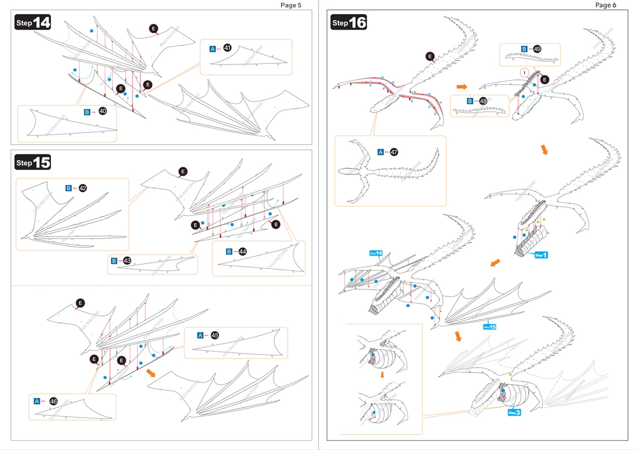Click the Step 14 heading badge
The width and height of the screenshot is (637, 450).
coord(33,23)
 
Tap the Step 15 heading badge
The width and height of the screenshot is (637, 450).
coord(33,163)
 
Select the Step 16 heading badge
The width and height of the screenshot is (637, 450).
coord(349,23)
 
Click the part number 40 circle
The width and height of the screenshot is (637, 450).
coord(103,112)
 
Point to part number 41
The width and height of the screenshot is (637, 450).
coord(227,48)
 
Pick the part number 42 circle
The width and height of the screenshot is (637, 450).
coord(83,188)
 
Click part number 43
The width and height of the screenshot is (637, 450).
coord(127,261)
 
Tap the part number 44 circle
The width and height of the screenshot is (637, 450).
coord(242,252)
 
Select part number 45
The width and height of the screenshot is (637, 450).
coord(214,335)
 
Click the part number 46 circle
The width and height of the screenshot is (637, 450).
coord(53,401)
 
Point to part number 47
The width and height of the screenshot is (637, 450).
coord(394,152)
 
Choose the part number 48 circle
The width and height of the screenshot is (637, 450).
coord(483,101)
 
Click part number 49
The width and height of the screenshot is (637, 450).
coord(537,49)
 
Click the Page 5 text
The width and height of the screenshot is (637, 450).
coord(291,5)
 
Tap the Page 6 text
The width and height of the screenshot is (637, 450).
coord(606,5)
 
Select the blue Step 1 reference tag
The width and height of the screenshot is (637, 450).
coord(541,255)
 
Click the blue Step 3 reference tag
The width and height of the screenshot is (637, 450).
coord(514,412)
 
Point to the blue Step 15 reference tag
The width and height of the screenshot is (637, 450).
coord(489,327)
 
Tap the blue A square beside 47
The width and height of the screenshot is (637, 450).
coord(381,152)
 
